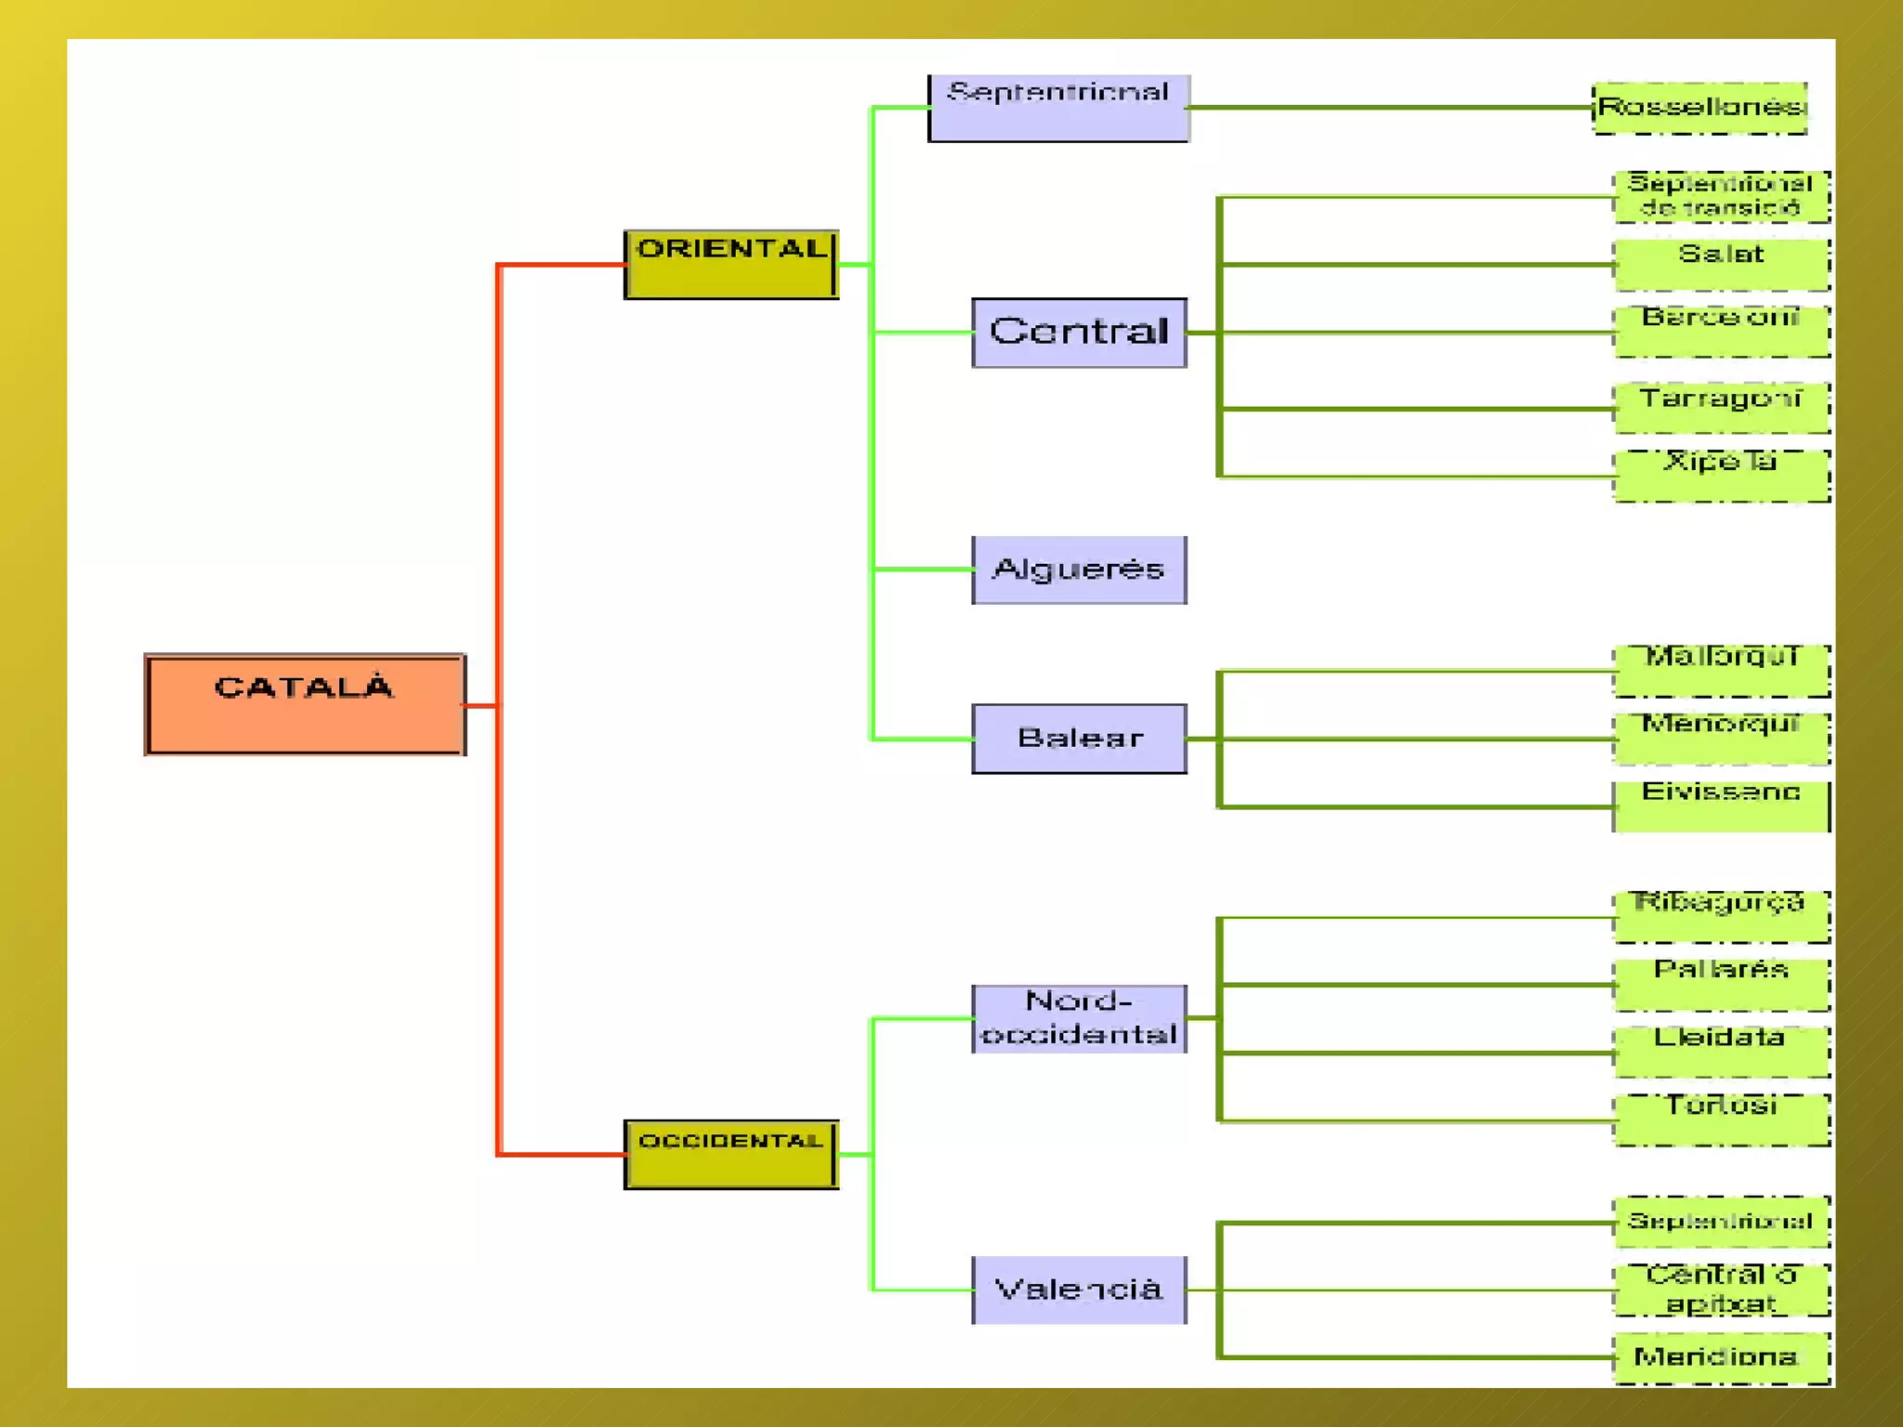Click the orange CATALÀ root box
click(305, 704)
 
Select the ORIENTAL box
click(731, 265)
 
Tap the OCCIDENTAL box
click(731, 1154)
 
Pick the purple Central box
click(1079, 333)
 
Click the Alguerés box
click(1079, 569)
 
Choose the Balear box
click(1079, 739)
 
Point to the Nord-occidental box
click(1079, 1018)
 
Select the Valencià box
click(1079, 1290)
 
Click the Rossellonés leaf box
click(1700, 108)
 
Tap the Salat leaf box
click(1722, 265)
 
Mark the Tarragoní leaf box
click(1722, 408)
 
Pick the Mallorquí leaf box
click(1722, 671)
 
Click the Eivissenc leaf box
click(1722, 805)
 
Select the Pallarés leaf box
click(1722, 984)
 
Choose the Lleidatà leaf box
click(1722, 1052)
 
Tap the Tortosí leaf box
click(1722, 1119)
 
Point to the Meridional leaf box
click(1722, 1357)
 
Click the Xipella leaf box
click(1722, 476)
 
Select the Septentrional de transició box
click(1722, 196)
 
